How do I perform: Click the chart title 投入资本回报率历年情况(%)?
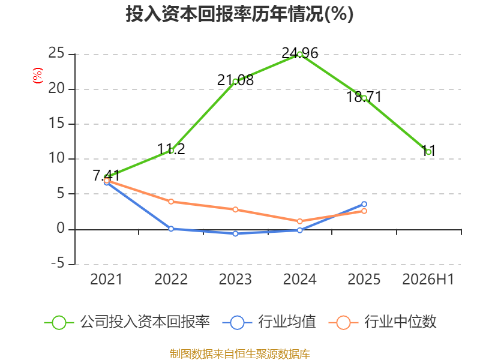coord(239,14)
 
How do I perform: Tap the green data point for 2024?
coord(299,55)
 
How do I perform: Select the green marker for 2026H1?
coord(428,152)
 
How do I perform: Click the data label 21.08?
coord(235,80)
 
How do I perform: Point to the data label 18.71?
coord(364,97)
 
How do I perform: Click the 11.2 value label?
coord(171,149)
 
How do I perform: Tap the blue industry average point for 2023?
coord(235,233)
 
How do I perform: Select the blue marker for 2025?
coord(364,204)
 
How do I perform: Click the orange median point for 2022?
coord(171,202)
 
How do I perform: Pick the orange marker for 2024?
coord(299,221)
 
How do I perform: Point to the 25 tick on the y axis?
coord(56,53)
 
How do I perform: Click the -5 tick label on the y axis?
coord(58,263)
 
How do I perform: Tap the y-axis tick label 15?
coord(56,123)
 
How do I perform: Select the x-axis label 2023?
coord(235,279)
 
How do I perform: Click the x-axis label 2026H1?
coord(428,279)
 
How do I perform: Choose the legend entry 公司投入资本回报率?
coord(127,322)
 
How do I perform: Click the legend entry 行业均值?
coord(269,322)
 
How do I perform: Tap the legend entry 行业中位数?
coord(382,322)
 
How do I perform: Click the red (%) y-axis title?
coord(38,76)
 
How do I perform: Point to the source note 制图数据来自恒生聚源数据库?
coord(239,354)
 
